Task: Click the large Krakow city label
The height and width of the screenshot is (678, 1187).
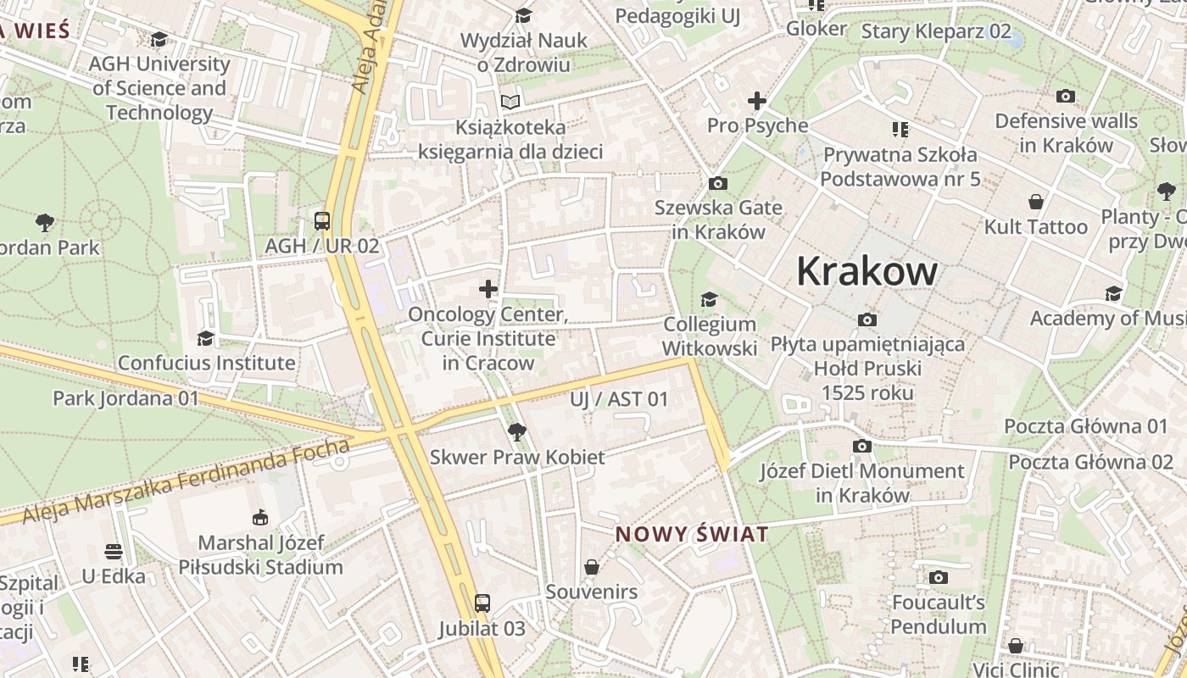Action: pyautogui.click(x=867, y=272)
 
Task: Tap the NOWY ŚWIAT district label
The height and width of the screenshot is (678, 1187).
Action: pyautogui.click(x=692, y=535)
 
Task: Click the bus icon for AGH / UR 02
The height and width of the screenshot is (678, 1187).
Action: pyautogui.click(x=322, y=221)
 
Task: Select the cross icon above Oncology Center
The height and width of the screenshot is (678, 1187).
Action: pyautogui.click(x=488, y=289)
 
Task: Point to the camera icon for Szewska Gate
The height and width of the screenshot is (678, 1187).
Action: pyautogui.click(x=717, y=183)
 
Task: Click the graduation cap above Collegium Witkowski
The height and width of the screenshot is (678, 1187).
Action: pyautogui.click(x=709, y=299)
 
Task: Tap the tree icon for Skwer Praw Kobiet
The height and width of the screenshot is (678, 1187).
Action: pyautogui.click(x=516, y=432)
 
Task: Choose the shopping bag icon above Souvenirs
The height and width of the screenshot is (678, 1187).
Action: pyautogui.click(x=592, y=567)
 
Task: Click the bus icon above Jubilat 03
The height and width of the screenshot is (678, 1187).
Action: pyautogui.click(x=482, y=603)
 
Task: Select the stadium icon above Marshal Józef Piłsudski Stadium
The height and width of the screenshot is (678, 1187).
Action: pyautogui.click(x=260, y=518)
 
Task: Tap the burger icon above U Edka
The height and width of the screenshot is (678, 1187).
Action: pyautogui.click(x=114, y=553)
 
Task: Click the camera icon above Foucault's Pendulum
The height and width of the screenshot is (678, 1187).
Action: pyautogui.click(x=938, y=578)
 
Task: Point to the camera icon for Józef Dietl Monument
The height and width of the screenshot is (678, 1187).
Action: pyautogui.click(x=861, y=446)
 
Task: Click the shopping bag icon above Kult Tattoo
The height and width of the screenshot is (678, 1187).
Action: pyautogui.click(x=1035, y=202)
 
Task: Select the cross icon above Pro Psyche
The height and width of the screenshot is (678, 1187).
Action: pyautogui.click(x=756, y=101)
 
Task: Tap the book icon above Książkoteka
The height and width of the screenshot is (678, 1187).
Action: pyautogui.click(x=510, y=103)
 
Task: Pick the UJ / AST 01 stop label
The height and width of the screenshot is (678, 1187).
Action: pyautogui.click(x=619, y=399)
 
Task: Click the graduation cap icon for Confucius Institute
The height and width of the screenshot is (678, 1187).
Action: pyautogui.click(x=205, y=339)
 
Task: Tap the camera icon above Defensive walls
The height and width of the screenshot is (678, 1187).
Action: pyautogui.click(x=1066, y=97)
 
